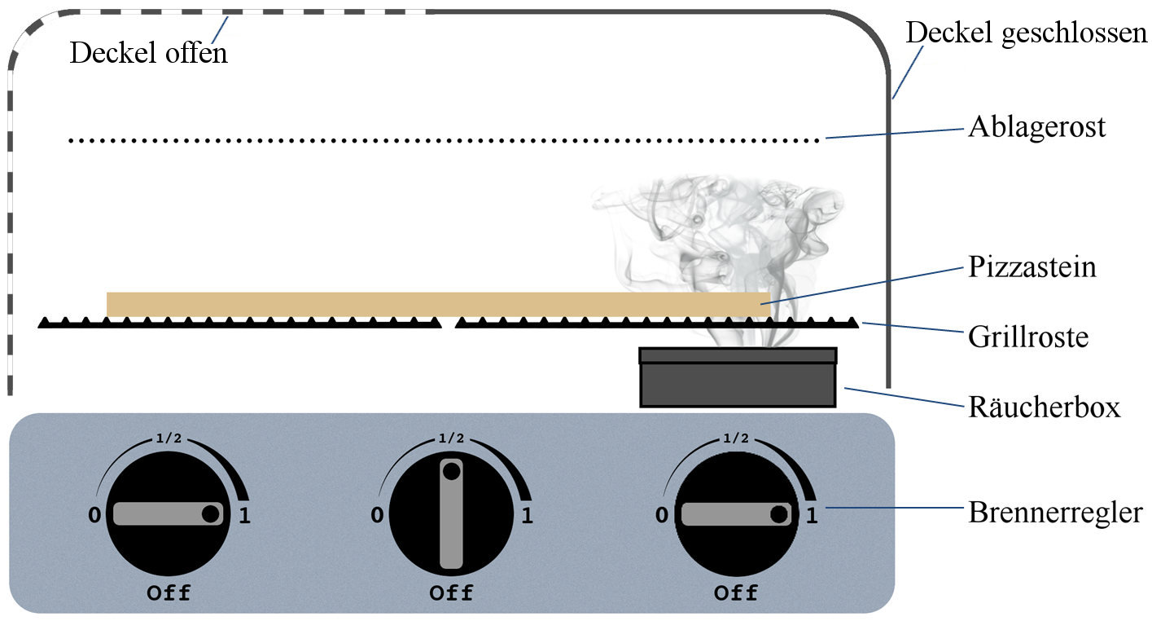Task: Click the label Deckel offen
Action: coord(148,53)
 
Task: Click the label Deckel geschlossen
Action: coord(1027,34)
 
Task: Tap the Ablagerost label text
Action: coord(1036,128)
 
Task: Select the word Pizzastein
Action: coord(1032,267)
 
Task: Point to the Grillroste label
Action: coord(1028,336)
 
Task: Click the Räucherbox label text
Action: coord(1044,407)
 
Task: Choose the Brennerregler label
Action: coord(1054,513)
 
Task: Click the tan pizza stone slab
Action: coord(438,304)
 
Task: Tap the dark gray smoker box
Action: coord(738,383)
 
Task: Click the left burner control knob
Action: coord(168,513)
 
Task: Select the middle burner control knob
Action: coord(451,513)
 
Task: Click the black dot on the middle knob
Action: coord(451,471)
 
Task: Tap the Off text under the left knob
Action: coord(169,592)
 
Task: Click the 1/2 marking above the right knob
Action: coord(734,438)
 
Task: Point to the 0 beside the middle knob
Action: coord(377,515)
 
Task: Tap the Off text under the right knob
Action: coord(736,592)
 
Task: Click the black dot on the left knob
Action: coord(210,513)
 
